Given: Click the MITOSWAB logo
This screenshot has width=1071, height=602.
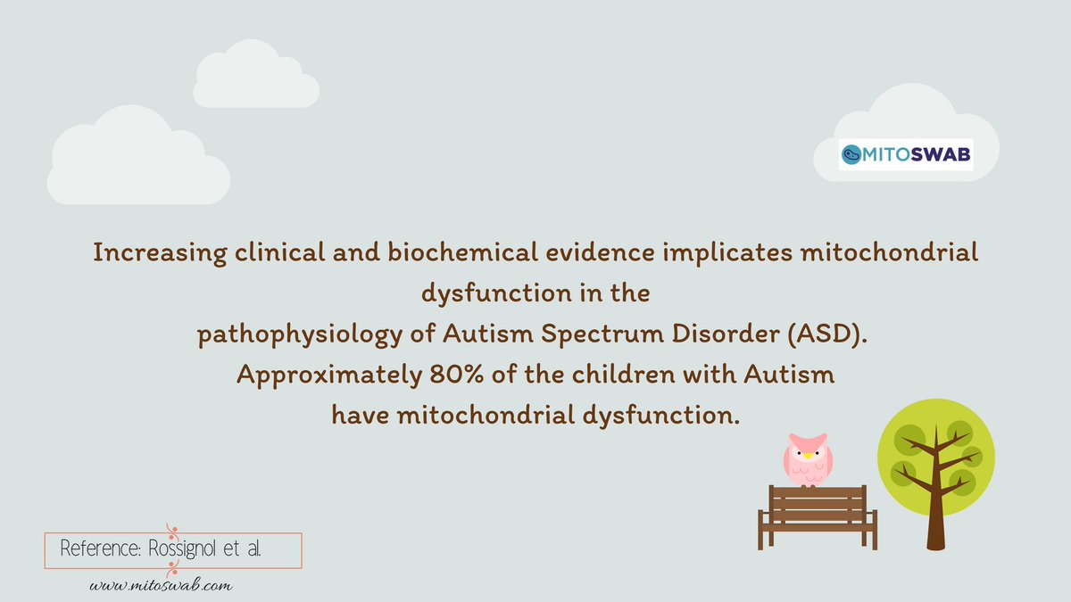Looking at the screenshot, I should click(905, 155).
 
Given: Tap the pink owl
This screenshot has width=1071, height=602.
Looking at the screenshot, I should click(808, 458).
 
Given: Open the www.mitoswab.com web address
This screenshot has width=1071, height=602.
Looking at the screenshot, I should click(161, 585).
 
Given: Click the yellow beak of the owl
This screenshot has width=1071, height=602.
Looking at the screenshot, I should click(808, 456).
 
